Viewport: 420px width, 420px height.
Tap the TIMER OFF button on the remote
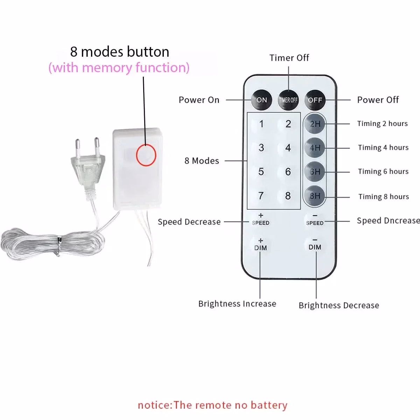point(288,100)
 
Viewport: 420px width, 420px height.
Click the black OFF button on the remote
point(315,100)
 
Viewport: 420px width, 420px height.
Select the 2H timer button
point(315,124)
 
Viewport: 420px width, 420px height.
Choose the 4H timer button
point(315,148)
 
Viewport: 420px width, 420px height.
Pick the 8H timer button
point(315,196)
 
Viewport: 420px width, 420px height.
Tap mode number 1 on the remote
point(261,124)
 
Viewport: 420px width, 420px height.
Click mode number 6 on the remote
point(288,172)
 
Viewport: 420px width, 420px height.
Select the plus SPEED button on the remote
point(261,219)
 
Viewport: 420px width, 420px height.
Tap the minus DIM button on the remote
point(315,244)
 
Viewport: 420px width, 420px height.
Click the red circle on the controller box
point(146,155)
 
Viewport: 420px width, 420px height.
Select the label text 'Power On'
point(199,100)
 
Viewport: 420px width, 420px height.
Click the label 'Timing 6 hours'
point(383,171)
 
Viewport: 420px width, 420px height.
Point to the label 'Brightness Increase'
point(237,303)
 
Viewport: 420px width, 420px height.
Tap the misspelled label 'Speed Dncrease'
point(388,220)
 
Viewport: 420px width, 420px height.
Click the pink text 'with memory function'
point(119,68)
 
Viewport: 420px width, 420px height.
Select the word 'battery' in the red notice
point(269,405)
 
